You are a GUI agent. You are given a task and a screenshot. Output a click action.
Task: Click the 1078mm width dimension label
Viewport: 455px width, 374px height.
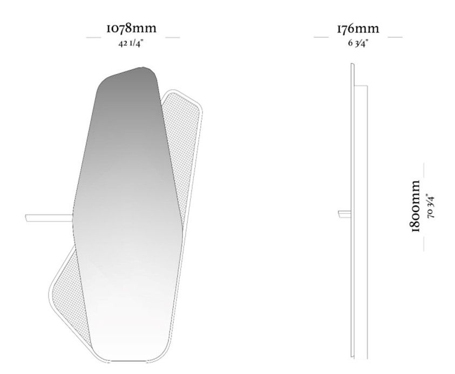coord(132,28)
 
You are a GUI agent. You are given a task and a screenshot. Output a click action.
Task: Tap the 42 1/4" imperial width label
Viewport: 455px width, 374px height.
coord(131,44)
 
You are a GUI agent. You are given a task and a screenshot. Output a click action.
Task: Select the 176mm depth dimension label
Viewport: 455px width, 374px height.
coord(358,29)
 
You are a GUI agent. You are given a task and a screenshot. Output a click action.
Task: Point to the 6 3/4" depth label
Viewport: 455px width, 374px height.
coord(358,43)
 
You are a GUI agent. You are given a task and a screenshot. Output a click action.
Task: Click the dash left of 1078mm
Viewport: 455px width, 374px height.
coord(93,37)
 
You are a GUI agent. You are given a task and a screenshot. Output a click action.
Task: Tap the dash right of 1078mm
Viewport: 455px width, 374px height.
coord(172,37)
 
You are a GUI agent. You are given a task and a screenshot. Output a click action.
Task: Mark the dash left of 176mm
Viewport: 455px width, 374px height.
coord(321,37)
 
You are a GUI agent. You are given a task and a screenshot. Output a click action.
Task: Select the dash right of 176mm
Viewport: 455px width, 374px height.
coord(395,37)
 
